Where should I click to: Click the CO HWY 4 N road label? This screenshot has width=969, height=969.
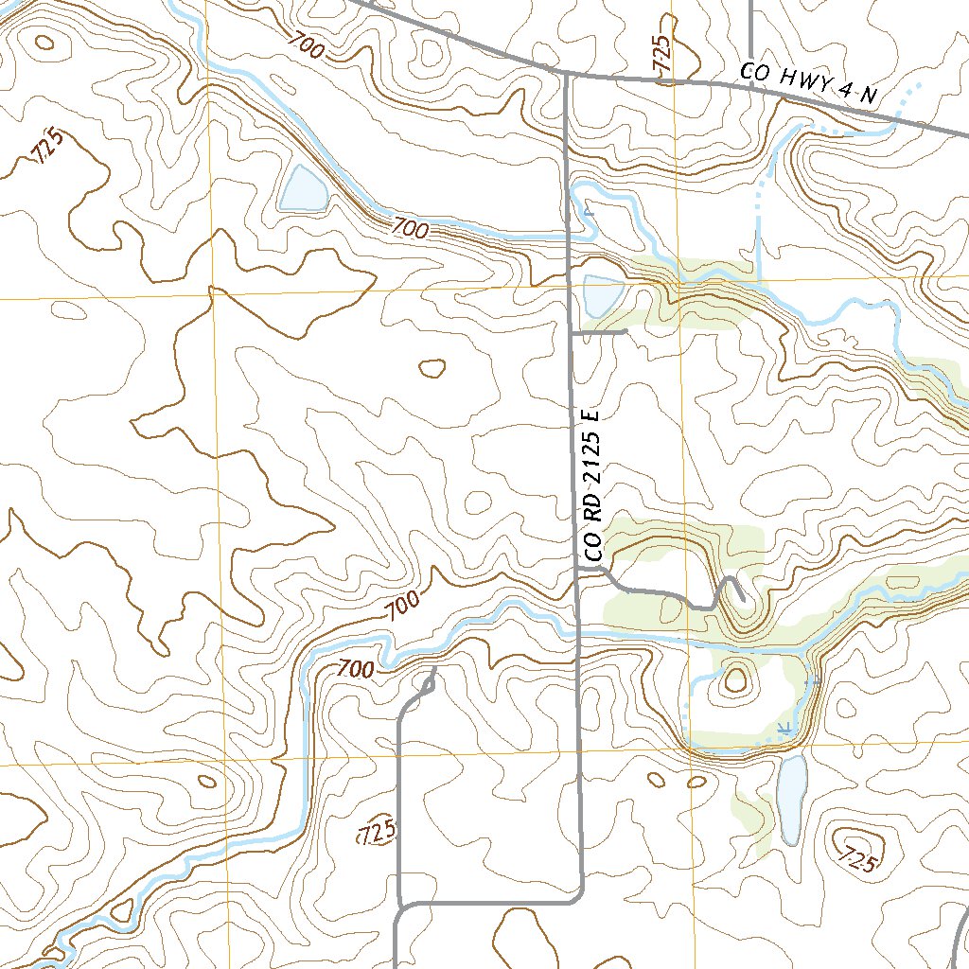810,84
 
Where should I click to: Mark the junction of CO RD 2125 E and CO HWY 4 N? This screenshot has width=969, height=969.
566,74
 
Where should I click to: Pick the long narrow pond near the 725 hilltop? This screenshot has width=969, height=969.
792,799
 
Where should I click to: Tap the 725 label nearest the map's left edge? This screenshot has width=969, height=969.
48,147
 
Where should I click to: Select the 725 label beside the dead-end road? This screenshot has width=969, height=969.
377,833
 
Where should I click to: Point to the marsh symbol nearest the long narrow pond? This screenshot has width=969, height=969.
784,727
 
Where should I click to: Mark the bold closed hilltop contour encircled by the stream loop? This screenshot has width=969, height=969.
735,678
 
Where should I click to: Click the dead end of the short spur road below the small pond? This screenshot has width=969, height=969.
626,332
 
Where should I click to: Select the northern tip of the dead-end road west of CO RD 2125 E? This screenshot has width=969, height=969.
433,670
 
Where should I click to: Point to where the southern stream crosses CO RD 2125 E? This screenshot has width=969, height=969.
577,629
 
